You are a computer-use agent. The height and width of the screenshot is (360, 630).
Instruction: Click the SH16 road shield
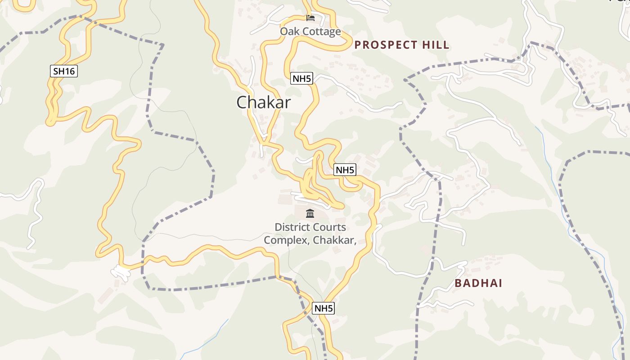point(64,71)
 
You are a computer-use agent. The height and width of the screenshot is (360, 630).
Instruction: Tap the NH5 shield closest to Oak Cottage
point(301,78)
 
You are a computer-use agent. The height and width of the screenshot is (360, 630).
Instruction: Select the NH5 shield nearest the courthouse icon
point(345,170)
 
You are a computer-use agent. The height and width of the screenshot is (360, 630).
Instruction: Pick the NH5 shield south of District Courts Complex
point(324,308)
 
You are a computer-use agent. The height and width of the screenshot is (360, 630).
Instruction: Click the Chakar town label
point(264,102)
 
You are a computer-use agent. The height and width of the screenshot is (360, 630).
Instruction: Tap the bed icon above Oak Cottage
point(310,18)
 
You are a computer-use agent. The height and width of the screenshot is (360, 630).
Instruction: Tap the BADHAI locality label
point(478,283)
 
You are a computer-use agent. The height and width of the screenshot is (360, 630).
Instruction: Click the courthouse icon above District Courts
point(310,214)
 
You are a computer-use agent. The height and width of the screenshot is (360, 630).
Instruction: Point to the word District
point(291,227)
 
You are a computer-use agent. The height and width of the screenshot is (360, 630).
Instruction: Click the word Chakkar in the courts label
point(333,240)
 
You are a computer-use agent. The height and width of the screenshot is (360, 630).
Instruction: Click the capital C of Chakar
point(242,103)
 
